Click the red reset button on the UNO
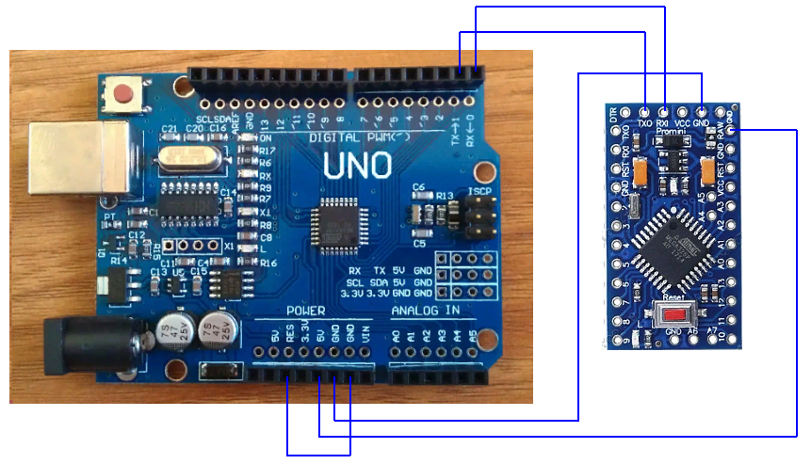click(x=124, y=94)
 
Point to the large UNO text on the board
click(x=358, y=168)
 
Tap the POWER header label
click(x=305, y=311)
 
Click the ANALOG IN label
click(x=425, y=311)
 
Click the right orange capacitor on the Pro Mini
click(x=709, y=171)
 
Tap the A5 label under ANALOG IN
click(x=471, y=335)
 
